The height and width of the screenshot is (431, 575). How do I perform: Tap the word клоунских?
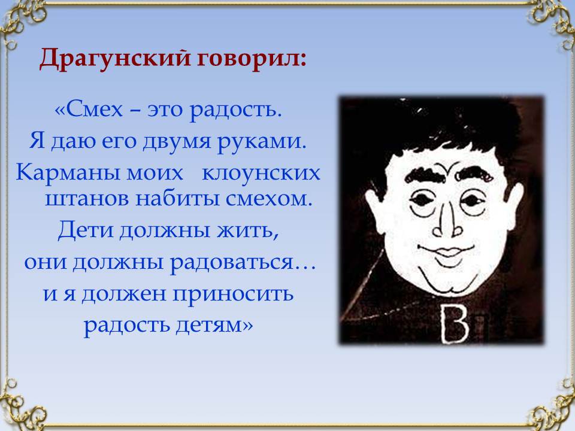click(261, 172)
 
